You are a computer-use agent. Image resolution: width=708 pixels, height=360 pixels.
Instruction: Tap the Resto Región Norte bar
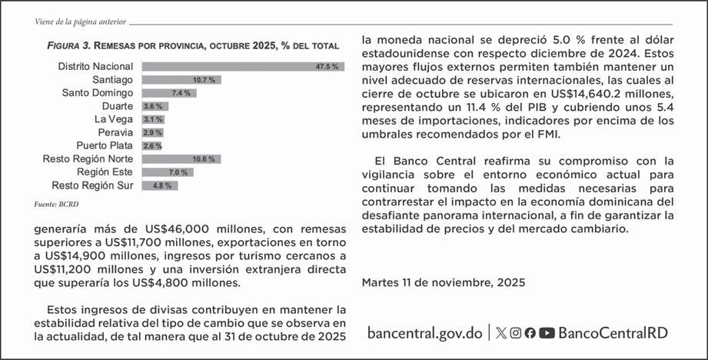pos(180,159)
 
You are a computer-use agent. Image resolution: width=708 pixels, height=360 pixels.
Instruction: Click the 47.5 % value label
pos(327,67)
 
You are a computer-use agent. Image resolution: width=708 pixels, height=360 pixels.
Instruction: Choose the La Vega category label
pos(113,119)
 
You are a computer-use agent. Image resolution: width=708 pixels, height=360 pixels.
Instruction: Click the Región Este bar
pos(166,172)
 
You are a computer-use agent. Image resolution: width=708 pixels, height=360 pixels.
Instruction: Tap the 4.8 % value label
pos(164,185)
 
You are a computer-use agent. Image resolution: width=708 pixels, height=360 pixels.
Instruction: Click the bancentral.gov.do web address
pos(424,332)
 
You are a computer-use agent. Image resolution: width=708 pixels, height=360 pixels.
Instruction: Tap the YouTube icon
pos(547,333)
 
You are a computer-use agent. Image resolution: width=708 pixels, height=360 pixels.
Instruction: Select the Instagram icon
pos(516,333)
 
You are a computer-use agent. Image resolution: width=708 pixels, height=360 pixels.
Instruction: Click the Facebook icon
pos(530,333)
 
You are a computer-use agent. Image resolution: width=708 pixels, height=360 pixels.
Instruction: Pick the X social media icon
pos(501,333)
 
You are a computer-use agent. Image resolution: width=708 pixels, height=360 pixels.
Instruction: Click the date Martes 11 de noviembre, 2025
pos(432,282)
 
